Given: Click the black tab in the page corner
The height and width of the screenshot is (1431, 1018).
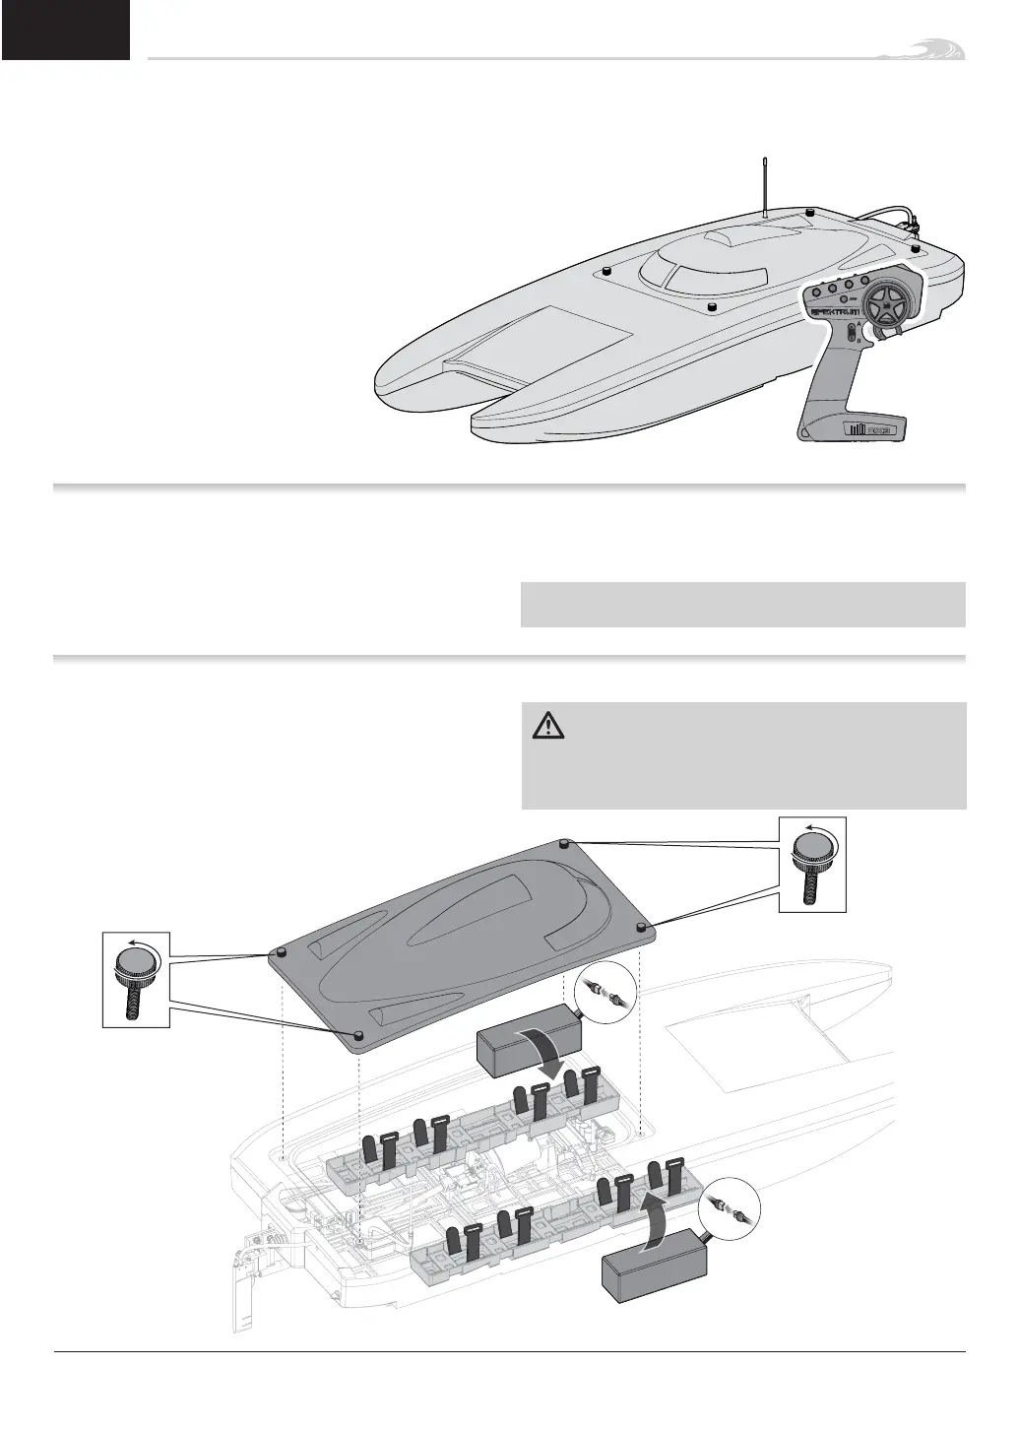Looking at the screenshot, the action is [65, 30].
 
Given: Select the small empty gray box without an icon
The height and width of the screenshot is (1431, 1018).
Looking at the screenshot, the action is [742, 605].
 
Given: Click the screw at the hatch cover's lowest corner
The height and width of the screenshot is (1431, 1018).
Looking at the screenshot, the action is [359, 1036].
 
